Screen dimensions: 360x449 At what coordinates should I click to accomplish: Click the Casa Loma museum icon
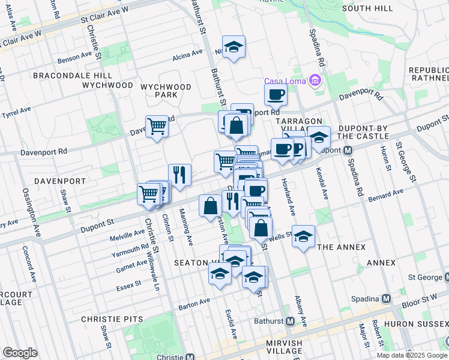[x=314, y=81]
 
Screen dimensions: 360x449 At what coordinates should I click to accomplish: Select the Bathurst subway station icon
[x=290, y=321]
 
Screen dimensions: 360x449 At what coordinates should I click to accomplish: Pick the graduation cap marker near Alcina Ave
[x=234, y=47]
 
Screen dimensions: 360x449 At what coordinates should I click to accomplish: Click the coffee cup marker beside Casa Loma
[x=276, y=94]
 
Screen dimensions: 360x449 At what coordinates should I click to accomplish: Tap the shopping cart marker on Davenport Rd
[x=157, y=126]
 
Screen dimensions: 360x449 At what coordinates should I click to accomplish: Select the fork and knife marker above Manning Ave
[x=179, y=175]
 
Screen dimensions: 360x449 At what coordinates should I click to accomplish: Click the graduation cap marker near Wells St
[x=304, y=236]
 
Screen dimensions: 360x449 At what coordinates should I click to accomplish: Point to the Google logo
[x=20, y=353]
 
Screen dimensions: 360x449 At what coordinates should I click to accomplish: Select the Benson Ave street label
[x=74, y=59]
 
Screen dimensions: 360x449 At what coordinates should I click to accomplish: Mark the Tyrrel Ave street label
[x=16, y=112]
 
